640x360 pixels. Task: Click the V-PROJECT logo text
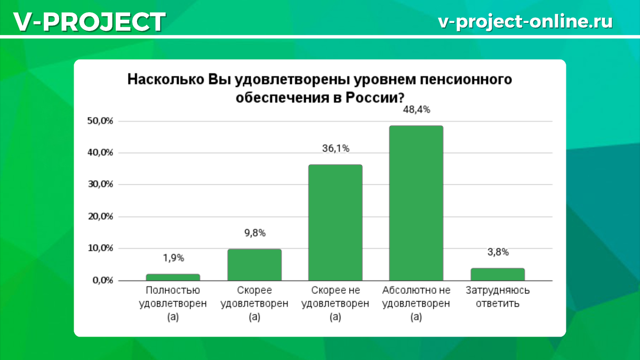tap(89, 21)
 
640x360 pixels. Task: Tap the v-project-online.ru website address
tap(525, 21)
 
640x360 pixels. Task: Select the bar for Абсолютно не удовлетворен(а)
tap(416, 203)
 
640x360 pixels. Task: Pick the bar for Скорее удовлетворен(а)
tap(254, 265)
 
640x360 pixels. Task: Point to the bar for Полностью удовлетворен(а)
tap(173, 277)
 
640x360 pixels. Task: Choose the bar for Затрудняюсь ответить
tap(497, 274)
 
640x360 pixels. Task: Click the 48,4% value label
tap(417, 110)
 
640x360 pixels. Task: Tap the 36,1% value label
tap(335, 149)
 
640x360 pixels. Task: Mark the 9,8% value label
tap(254, 233)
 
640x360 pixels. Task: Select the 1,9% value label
tap(173, 258)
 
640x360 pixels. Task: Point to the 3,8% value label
tap(498, 252)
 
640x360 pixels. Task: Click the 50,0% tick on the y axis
tap(100, 121)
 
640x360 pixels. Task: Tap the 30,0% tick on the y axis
tap(100, 185)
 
